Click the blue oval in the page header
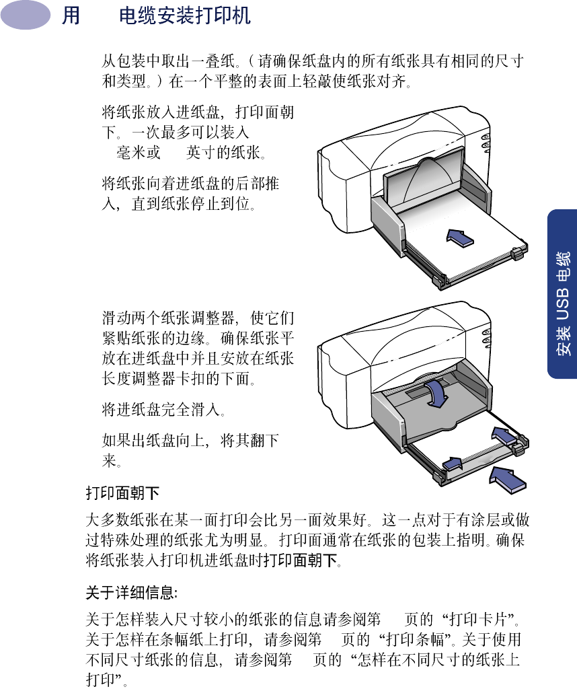[26, 15]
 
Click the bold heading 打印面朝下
[122, 493]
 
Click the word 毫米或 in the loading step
[139, 153]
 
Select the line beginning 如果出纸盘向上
[190, 441]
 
